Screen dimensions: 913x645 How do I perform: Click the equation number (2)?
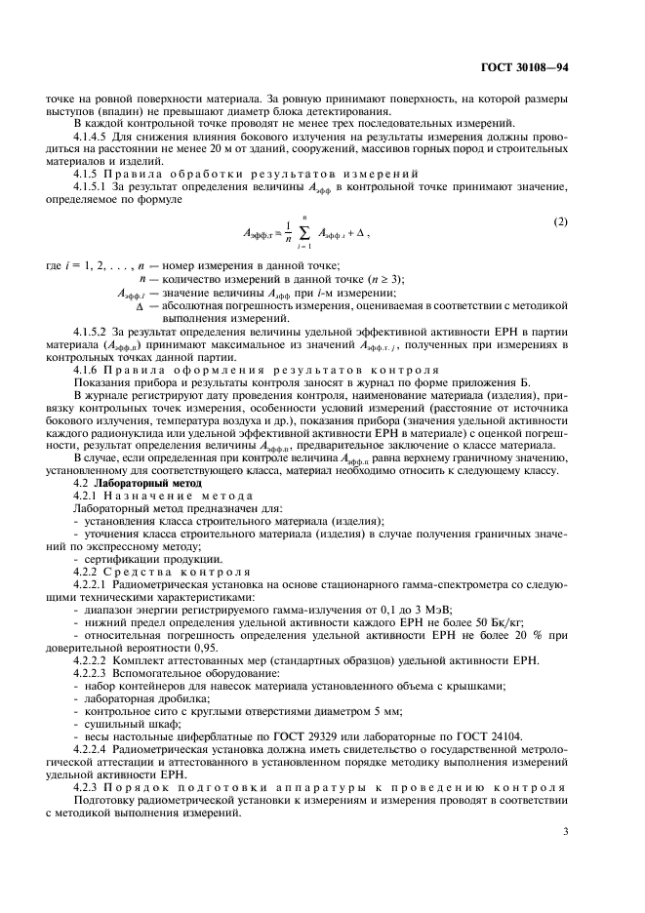pos(560,221)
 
